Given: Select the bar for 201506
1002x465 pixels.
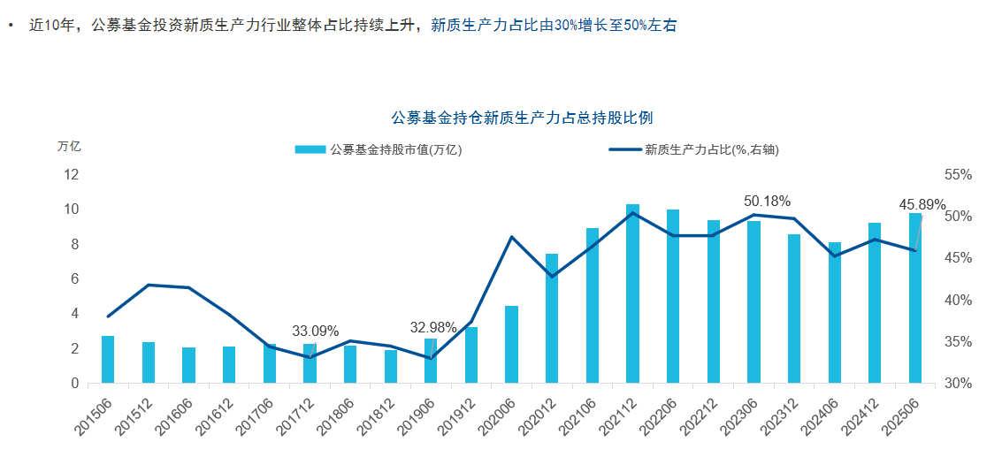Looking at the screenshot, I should (x=108, y=360).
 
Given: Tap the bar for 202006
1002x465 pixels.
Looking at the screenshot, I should (x=511, y=345).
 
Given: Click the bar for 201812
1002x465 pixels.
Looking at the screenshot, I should (x=390, y=367).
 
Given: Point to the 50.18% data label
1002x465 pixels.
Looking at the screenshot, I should (x=767, y=202).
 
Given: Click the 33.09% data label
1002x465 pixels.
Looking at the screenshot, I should (x=316, y=332).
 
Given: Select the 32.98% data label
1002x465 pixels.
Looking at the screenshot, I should (x=433, y=328).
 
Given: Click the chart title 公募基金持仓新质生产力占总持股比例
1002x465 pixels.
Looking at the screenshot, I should (x=522, y=118).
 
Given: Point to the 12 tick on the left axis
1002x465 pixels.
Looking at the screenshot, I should (x=72, y=174).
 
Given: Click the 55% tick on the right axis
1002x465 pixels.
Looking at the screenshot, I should (x=958, y=175).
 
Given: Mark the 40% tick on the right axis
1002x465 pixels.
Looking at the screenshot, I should (x=958, y=301).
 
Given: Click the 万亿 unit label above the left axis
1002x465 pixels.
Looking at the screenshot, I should (x=69, y=147).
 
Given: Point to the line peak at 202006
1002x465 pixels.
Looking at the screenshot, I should (x=511, y=237).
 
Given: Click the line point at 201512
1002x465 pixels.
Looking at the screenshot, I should (x=149, y=285).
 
